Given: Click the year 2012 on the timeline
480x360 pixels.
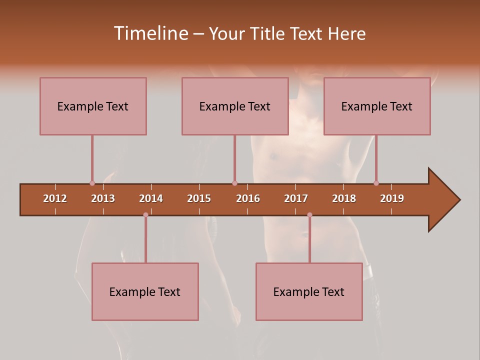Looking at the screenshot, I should [55, 198].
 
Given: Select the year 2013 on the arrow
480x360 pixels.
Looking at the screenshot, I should [103, 198].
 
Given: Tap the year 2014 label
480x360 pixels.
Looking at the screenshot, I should [151, 198].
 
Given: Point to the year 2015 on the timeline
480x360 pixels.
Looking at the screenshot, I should [199, 198].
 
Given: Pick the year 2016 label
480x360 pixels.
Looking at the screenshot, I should [248, 198].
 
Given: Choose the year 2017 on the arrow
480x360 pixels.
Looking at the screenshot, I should [296, 198].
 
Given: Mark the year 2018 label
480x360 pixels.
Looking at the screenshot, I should [344, 198].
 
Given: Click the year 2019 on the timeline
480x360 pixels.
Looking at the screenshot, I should [392, 198].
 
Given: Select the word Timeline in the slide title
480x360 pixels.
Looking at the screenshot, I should [150, 33].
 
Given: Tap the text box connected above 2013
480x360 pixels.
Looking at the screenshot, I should [93, 106].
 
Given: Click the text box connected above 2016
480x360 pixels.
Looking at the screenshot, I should [235, 106].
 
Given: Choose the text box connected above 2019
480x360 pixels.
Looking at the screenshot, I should [377, 106].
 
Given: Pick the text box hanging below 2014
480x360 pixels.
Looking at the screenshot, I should [145, 291].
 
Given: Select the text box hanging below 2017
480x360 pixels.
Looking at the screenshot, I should [309, 291].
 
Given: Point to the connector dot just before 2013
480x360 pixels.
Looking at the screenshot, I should [92, 183].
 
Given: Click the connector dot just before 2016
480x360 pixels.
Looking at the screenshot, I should [234, 183].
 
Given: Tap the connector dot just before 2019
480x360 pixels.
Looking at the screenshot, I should [376, 183].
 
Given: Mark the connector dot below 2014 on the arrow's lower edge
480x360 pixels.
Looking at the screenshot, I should [145, 215].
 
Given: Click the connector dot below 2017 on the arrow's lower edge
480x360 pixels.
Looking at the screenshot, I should [309, 215].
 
